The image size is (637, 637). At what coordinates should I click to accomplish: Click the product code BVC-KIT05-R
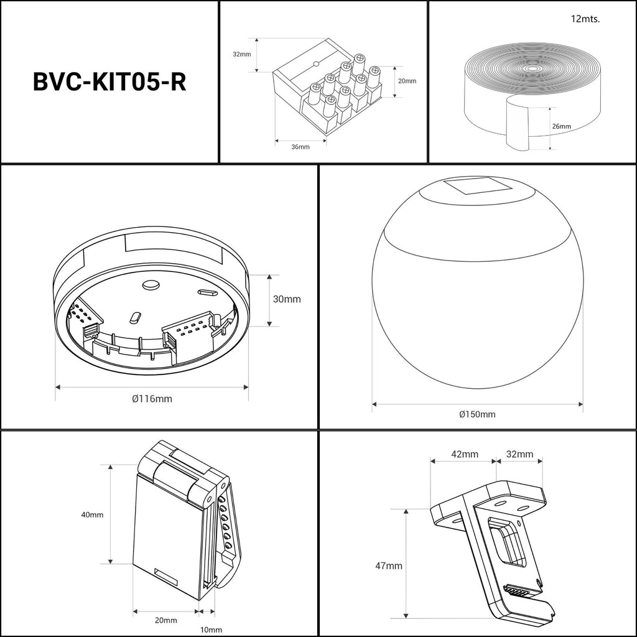[x=109, y=81]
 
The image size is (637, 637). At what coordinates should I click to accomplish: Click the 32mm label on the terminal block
[x=242, y=54]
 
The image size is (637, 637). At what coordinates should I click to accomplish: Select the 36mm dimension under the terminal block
[x=300, y=147]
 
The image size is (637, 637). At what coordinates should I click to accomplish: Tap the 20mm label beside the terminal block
[x=407, y=81]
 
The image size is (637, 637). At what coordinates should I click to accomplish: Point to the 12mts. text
[x=585, y=19]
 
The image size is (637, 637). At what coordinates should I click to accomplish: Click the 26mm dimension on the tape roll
[x=561, y=126]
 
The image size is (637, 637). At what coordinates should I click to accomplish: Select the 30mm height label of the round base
[x=287, y=299]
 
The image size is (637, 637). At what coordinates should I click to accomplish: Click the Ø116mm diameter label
[x=152, y=398]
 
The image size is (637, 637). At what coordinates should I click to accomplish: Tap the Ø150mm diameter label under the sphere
[x=477, y=414]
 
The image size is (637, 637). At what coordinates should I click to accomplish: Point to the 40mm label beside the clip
[x=92, y=514]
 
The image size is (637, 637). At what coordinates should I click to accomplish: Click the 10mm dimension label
[x=211, y=630]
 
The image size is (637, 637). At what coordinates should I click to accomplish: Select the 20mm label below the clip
[x=165, y=620]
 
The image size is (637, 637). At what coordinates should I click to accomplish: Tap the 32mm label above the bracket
[x=519, y=453]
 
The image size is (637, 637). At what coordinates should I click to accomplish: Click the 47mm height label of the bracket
[x=388, y=565]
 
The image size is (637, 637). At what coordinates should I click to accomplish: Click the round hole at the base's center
[x=151, y=285]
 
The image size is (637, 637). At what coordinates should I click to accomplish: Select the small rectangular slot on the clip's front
[x=166, y=576]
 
